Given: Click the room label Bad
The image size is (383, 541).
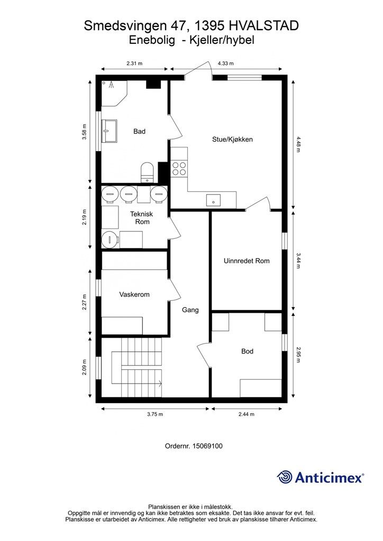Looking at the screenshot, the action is tap(139, 132).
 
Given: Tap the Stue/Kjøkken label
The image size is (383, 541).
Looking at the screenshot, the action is tap(232, 139).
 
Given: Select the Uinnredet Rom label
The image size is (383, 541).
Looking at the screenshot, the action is tap(247, 261).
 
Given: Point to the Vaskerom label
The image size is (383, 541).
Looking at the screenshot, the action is tap(134, 294).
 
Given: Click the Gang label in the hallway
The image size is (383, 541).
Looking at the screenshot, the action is tap(190, 310).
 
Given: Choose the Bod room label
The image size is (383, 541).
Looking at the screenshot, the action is tap(247, 351).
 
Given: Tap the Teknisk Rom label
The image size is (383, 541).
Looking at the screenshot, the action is tap(142, 218).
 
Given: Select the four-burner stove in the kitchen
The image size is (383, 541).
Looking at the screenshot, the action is tap(179, 169).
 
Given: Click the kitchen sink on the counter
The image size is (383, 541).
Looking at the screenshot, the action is tap(213, 200).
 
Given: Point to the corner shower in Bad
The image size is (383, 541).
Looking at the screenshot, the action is tap(114, 93).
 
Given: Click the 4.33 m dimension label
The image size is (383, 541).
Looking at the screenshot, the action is tap(225, 63).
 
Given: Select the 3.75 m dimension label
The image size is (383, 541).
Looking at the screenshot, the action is tap(154, 414).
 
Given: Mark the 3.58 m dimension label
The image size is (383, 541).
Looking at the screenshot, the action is tap(84, 132).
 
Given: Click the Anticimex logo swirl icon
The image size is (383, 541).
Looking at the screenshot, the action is tap(285, 477).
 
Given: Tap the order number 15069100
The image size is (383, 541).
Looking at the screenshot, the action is tap(207, 446).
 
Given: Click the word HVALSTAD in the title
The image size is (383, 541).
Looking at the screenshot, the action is tap(263, 25).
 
